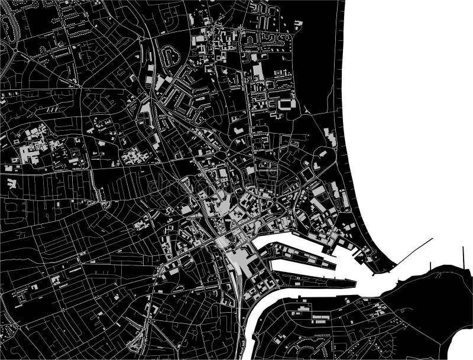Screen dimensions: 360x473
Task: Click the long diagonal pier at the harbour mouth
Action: (x=414, y=251)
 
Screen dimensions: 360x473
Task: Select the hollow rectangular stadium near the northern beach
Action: (x=288, y=104)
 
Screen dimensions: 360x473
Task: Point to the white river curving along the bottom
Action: (x=251, y=331)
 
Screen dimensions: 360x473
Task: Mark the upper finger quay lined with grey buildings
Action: (x=296, y=254)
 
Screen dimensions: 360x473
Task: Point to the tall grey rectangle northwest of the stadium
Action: (x=258, y=71)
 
